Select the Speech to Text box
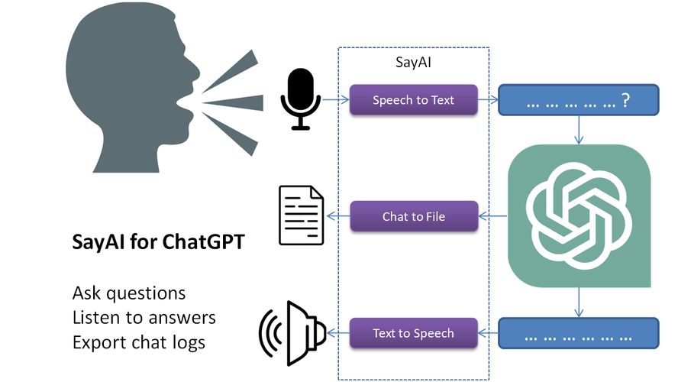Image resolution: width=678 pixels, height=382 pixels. (x=413, y=100)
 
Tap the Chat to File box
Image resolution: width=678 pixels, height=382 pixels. (x=413, y=216)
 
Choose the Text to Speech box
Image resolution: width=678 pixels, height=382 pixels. (x=413, y=333)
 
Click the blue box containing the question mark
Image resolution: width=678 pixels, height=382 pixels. (x=577, y=100)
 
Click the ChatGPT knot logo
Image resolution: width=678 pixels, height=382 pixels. (x=580, y=216)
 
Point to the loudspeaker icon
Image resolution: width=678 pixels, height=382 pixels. (x=294, y=333)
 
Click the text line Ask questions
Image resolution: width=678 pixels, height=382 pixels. (x=128, y=293)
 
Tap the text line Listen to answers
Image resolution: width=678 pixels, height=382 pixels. (x=144, y=317)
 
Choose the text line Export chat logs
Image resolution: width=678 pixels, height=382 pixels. (x=138, y=342)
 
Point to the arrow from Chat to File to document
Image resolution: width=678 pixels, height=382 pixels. (x=337, y=216)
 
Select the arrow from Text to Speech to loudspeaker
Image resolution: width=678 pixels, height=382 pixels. (x=338, y=333)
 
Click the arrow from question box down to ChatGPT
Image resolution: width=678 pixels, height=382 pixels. (x=578, y=130)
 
